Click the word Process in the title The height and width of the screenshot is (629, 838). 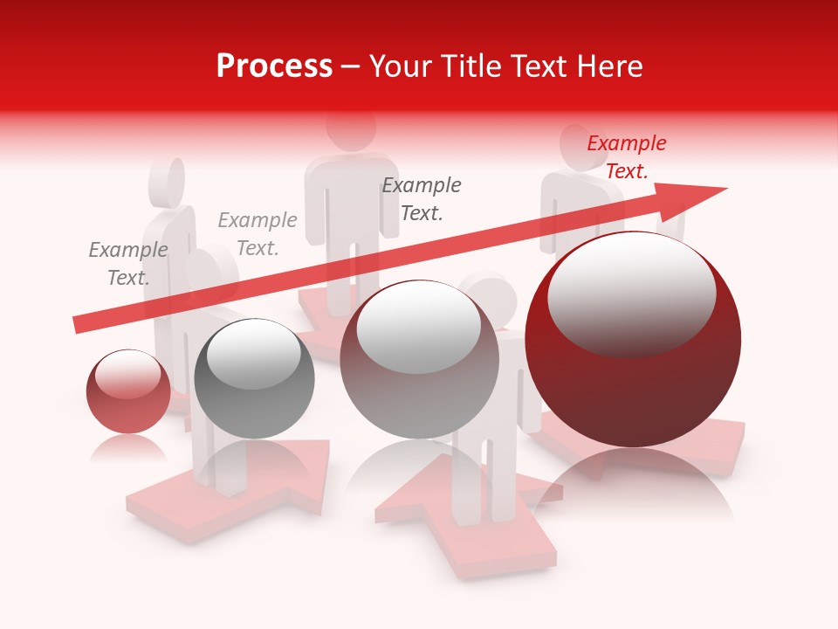pos(274,66)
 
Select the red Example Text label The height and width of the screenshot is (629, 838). pos(626,157)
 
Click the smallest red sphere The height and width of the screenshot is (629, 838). pos(128,391)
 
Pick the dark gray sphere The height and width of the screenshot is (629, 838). pos(254,379)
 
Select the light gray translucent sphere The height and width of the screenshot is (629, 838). pos(419,360)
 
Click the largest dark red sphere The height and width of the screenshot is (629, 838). pos(633,341)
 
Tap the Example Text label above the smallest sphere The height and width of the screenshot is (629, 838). pos(128,264)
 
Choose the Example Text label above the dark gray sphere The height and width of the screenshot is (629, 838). pos(258,234)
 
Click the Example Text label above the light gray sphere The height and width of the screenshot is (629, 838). pos(422,199)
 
